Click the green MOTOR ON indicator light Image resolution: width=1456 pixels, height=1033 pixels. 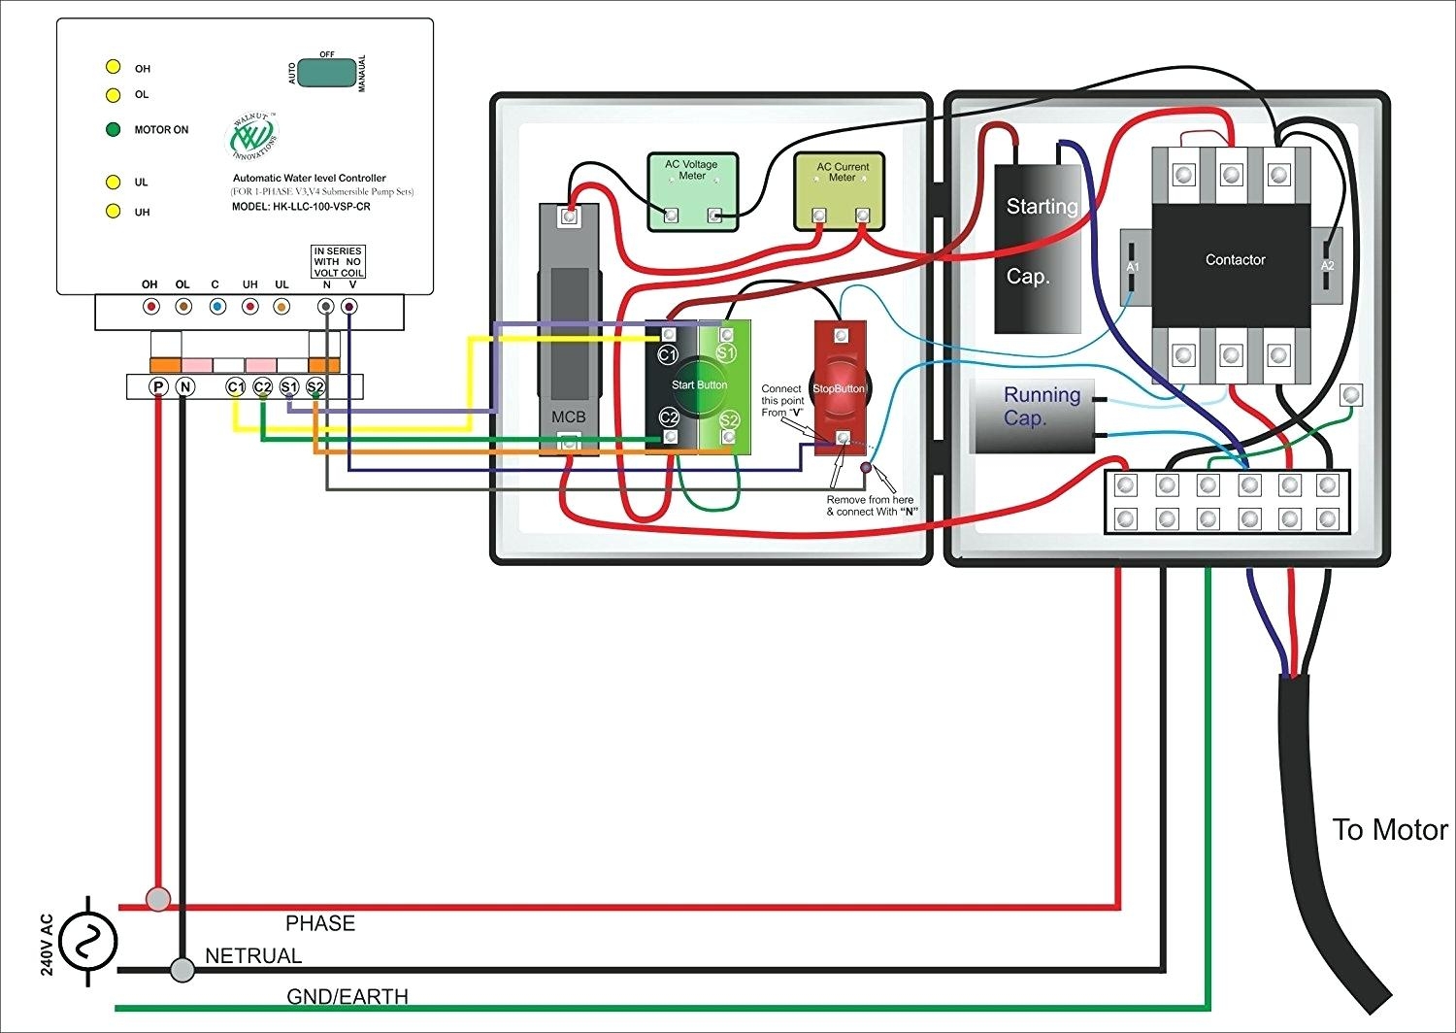pyautogui.click(x=113, y=129)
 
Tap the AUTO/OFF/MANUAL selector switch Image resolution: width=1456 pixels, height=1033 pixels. pyautogui.click(x=326, y=73)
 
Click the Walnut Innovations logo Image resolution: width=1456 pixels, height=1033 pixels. pyautogui.click(x=253, y=137)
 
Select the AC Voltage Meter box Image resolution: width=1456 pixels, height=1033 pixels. pyautogui.click(x=692, y=191)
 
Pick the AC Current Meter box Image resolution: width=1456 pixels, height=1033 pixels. pyautogui.click(x=840, y=190)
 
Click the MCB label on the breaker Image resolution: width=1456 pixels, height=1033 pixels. pyautogui.click(x=568, y=417)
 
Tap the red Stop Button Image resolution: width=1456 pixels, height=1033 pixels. pyautogui.click(x=839, y=388)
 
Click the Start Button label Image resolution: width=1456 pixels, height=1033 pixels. pyautogui.click(x=699, y=385)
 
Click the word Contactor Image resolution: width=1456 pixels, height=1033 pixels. pyautogui.click(x=1235, y=260)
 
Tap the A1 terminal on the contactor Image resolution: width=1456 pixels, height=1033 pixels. pyautogui.click(x=1132, y=266)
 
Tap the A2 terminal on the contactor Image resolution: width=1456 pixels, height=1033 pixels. pyautogui.click(x=1327, y=265)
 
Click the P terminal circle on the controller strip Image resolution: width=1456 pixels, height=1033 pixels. pyautogui.click(x=158, y=386)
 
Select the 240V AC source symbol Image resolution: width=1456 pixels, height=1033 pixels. pyautogui.click(x=88, y=941)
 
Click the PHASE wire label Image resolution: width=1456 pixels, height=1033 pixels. pyautogui.click(x=320, y=923)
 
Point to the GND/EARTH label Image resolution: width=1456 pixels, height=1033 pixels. pyautogui.click(x=347, y=997)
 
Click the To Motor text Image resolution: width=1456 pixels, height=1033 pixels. pyautogui.click(x=1389, y=830)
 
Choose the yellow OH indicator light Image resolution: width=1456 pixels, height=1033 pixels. pyautogui.click(x=113, y=67)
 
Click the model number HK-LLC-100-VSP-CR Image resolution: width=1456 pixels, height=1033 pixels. pyautogui.click(x=301, y=207)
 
